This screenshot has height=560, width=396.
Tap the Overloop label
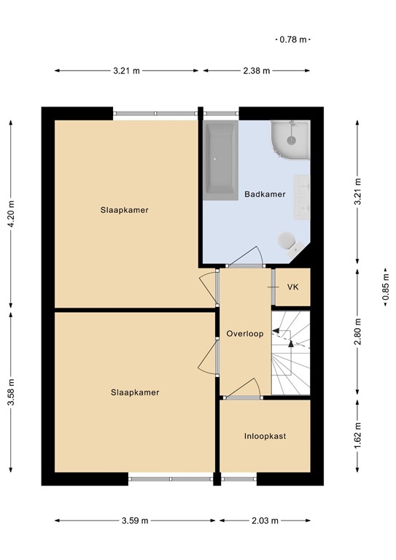244,333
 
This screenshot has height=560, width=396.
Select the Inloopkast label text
265,436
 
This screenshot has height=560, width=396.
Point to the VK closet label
292,287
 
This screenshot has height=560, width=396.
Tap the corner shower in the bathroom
292,139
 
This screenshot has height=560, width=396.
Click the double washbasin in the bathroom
302,196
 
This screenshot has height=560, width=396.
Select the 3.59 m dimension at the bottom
135,521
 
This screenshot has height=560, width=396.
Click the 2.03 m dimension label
265,521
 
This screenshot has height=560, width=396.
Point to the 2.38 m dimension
257,71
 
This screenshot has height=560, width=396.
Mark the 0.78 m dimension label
292,39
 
